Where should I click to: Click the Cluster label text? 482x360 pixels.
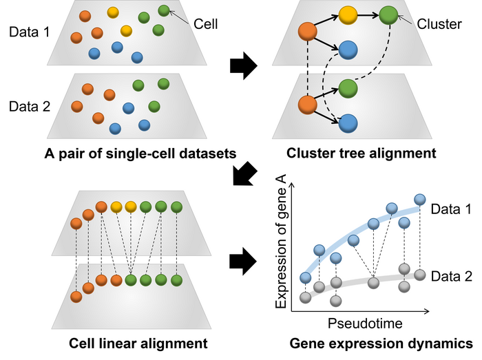439,25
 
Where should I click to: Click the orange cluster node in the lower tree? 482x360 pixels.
307,105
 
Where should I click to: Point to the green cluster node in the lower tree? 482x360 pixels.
348,87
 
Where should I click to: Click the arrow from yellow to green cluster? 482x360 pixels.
368,14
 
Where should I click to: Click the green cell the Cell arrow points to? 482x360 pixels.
163,10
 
